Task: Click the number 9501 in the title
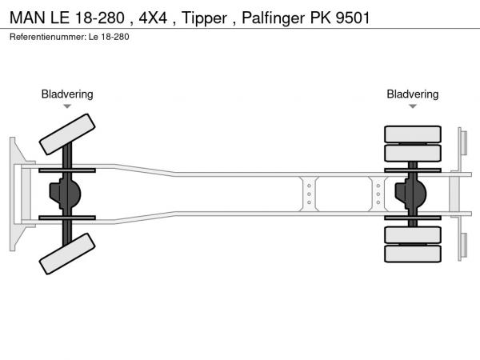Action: click(351, 18)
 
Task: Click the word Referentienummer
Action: click(46, 37)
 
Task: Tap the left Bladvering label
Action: click(67, 94)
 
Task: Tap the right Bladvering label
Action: click(413, 94)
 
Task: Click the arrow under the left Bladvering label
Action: click(67, 106)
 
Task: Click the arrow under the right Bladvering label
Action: click(413, 106)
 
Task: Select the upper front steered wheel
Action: click(67, 134)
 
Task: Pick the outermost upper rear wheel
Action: click(413, 134)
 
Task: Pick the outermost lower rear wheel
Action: click(413, 254)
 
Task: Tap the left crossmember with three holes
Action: click(308, 194)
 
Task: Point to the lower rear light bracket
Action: click(462, 245)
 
